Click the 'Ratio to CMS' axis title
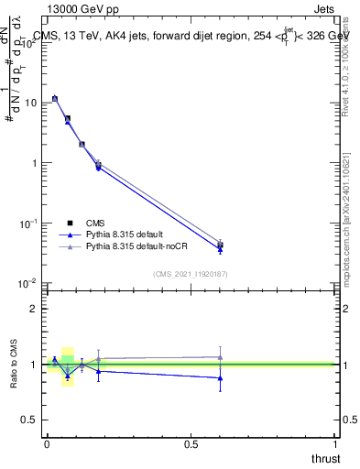pyautogui.click(x=14, y=365)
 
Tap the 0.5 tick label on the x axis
pyautogui.click(x=191, y=444)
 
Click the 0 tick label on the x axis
pyautogui.click(x=47, y=444)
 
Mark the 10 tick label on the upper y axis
pyautogui.click(x=30, y=103)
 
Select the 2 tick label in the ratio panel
pyautogui.click(x=34, y=310)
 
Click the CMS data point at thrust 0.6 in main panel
pyautogui.click(x=220, y=245)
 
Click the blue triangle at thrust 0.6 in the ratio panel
pyautogui.click(x=220, y=377)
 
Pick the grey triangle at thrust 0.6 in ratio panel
pyautogui.click(x=220, y=357)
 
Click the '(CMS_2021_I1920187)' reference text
pyautogui.click(x=191, y=273)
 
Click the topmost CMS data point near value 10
pyautogui.click(x=55, y=98)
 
